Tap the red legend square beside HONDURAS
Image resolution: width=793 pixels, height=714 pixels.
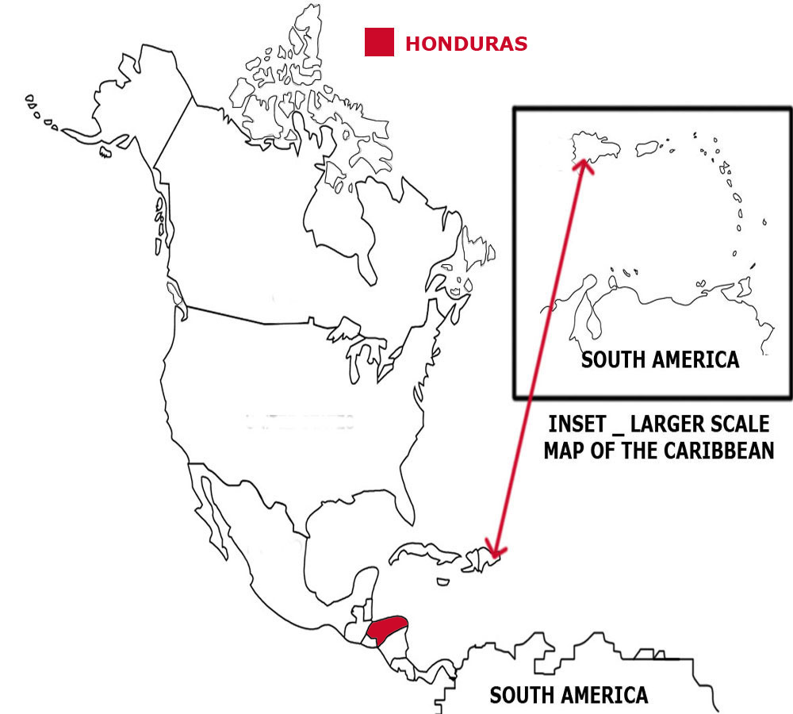coord(379,42)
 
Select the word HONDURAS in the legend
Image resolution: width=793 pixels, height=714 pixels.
coord(466,44)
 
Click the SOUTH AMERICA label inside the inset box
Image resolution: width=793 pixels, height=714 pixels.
coord(660,360)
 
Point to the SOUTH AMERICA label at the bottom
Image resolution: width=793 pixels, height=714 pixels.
coord(569,696)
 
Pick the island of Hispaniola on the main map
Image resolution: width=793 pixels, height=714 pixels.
coord(478,559)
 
